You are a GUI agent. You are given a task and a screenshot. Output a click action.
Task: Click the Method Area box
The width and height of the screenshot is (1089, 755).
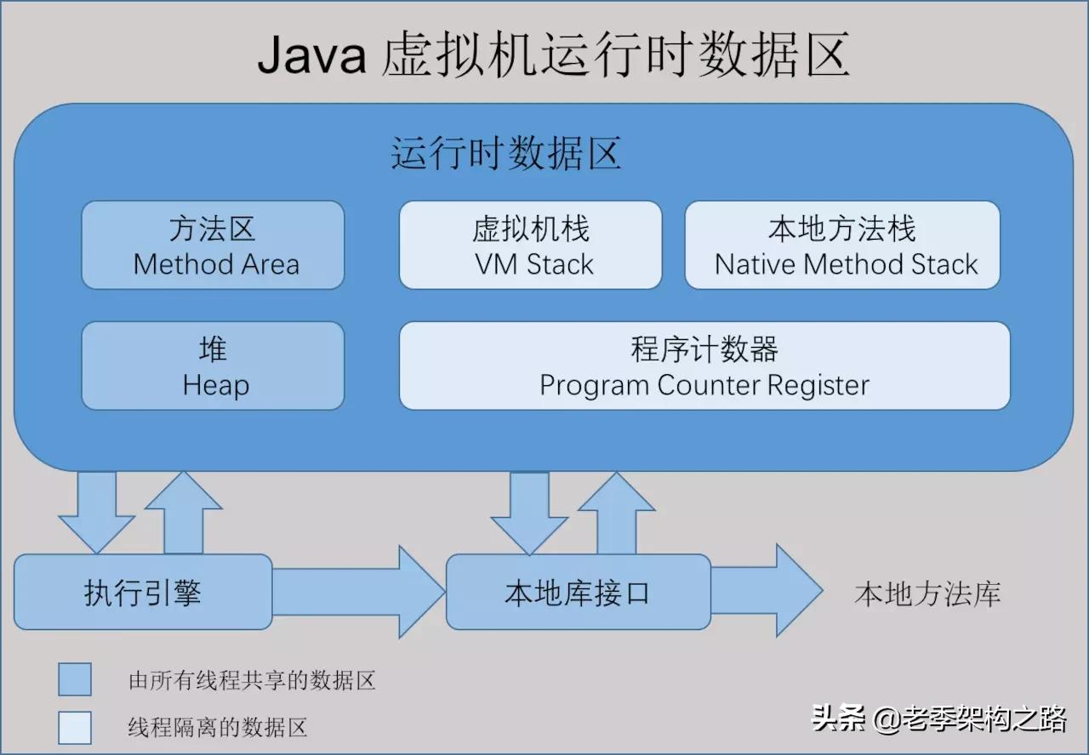point(213,245)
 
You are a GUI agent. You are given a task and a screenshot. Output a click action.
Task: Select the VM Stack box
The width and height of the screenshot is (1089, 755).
point(530,245)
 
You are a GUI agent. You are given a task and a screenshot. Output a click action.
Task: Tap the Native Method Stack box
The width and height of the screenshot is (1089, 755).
point(842,245)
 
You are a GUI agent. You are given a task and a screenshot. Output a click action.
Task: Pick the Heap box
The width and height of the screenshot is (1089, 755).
point(213,366)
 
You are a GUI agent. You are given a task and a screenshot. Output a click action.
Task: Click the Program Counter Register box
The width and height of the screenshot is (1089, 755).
point(704,366)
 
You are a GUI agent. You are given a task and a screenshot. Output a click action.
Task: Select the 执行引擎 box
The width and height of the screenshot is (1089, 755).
point(143,592)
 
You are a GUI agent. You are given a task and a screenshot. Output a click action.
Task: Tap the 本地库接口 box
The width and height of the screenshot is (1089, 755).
point(578,592)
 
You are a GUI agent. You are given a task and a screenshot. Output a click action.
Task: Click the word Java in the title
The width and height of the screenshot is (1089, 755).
point(311,56)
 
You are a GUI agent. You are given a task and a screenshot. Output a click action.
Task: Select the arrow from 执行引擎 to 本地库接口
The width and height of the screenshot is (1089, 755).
point(357,592)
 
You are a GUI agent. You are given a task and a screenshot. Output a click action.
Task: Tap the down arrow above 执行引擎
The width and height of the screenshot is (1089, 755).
point(96,510)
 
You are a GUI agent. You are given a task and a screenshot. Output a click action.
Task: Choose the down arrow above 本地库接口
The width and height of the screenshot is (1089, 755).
point(528,510)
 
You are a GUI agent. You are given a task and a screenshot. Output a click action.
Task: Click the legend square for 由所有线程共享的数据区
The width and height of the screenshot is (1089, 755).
point(75,679)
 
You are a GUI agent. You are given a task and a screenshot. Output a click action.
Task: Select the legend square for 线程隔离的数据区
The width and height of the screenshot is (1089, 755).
point(75,727)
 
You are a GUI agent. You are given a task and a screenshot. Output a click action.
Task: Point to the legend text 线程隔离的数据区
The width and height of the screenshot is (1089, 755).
point(217,727)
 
